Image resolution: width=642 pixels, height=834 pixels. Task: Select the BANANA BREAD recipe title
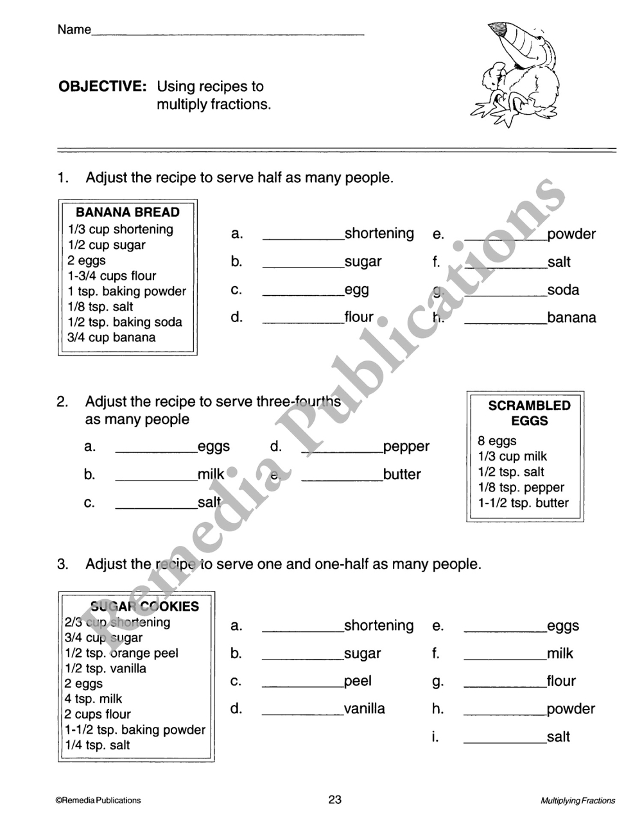(128, 212)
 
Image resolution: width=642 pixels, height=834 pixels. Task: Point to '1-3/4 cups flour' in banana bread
(112, 276)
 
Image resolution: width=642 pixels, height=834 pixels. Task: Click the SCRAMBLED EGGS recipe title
(529, 413)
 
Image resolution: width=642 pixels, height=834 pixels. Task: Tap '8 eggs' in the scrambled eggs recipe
(497, 441)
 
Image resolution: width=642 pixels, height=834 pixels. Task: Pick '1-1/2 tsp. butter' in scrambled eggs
(523, 503)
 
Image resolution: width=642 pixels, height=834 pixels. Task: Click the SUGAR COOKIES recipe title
(145, 606)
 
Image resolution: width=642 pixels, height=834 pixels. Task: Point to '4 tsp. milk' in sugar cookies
(93, 699)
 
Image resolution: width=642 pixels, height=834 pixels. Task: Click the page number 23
(335, 799)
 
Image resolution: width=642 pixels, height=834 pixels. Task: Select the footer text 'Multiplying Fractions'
(578, 801)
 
